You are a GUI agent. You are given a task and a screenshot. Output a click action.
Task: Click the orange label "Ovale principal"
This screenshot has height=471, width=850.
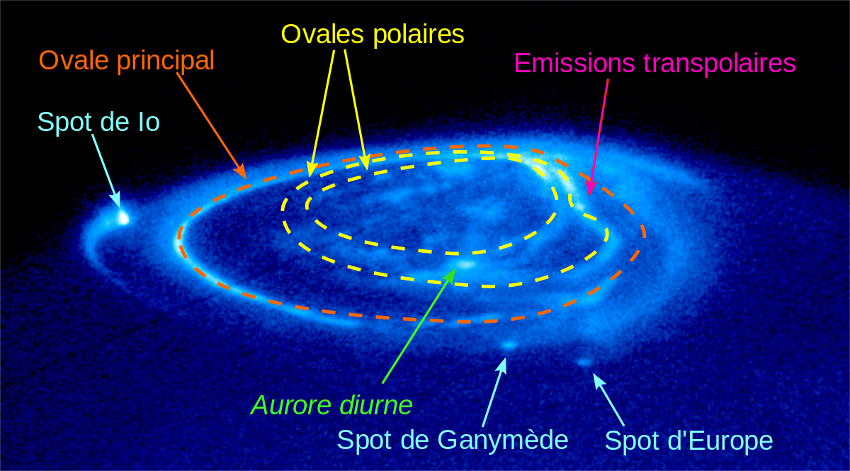pos(127,61)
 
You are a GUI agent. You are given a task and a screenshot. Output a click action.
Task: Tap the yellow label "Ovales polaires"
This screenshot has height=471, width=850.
pos(373,35)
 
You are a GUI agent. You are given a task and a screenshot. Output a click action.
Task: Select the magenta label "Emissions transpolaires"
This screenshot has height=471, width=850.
pos(655,63)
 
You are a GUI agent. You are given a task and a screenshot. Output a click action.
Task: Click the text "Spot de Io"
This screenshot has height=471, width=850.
pos(98,122)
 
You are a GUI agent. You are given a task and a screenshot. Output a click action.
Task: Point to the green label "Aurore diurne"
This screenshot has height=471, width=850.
pos(331,405)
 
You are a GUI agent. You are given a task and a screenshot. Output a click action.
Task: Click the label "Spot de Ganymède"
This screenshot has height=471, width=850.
pos(453,441)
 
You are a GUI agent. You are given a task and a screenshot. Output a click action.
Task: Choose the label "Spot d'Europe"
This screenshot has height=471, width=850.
pos(688,441)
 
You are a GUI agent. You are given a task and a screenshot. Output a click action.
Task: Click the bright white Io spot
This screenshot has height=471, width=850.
pos(123,218)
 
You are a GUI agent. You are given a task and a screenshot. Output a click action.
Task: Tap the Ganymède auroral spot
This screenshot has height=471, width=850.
pos(509,345)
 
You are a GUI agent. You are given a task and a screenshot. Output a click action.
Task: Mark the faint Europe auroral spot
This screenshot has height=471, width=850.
pos(585,362)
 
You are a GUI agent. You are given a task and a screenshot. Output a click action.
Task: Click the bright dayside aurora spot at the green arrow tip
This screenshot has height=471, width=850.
pos(465,264)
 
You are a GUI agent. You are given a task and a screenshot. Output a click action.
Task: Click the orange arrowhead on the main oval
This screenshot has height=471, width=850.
pos(241,171)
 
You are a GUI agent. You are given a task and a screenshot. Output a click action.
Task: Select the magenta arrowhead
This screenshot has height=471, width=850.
pos(591,188)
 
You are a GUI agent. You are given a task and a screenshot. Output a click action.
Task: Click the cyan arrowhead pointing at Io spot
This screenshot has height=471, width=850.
pos(116,200)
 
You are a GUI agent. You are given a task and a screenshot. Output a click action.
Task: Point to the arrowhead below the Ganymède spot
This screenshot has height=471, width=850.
pos(502,365)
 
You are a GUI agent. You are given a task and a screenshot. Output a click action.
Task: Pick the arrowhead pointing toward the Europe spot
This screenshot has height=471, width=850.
pos(599,381)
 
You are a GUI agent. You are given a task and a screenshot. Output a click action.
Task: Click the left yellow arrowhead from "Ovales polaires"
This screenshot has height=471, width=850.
pos(312,169)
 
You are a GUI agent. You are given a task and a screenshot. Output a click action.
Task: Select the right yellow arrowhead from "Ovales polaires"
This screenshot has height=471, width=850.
pos(365,162)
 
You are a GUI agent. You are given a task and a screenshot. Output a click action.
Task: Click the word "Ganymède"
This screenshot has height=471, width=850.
pos(503,441)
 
